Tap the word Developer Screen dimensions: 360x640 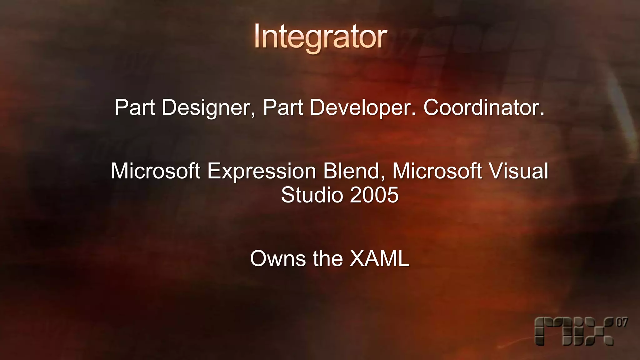pyautogui.click(x=363, y=107)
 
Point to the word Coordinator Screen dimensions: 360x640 pyautogui.click(x=484, y=107)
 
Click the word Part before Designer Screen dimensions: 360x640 pyautogui.click(x=135, y=107)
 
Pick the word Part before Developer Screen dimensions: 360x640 pyautogui.click(x=283, y=107)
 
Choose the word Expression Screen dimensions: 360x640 pyautogui.click(x=262, y=171)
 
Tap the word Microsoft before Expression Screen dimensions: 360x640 pyautogui.click(x=156, y=171)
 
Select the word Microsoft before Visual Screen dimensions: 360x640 pyautogui.click(x=437, y=171)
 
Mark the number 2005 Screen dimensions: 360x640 pyautogui.click(x=374, y=195)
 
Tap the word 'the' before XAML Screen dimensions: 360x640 pyautogui.click(x=328, y=259)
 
